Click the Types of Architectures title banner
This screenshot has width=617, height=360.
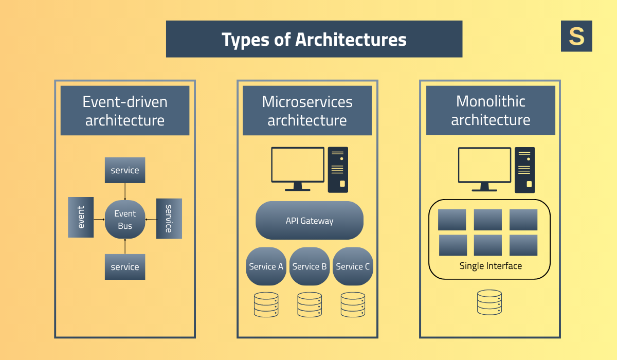(314, 39)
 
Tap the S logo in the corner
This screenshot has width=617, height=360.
(576, 36)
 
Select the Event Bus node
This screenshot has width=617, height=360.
(125, 220)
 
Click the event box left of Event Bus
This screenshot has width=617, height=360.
(81, 218)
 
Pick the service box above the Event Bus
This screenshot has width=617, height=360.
(125, 170)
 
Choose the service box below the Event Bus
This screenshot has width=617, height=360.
(125, 267)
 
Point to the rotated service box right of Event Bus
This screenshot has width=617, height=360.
(169, 219)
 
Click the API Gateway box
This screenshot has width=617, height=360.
(310, 221)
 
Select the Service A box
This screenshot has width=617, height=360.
(266, 266)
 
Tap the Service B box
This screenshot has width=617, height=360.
(310, 266)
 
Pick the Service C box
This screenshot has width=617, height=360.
(353, 266)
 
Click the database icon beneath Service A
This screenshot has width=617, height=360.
(266, 304)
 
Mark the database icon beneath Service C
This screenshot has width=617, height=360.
(353, 304)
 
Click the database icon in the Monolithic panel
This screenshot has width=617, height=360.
(489, 302)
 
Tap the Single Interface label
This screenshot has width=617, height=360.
(491, 266)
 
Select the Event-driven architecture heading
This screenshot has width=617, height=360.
(125, 111)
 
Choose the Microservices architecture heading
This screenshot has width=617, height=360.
(307, 111)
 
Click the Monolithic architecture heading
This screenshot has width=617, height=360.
(491, 111)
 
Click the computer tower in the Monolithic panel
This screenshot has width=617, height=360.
(524, 170)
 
